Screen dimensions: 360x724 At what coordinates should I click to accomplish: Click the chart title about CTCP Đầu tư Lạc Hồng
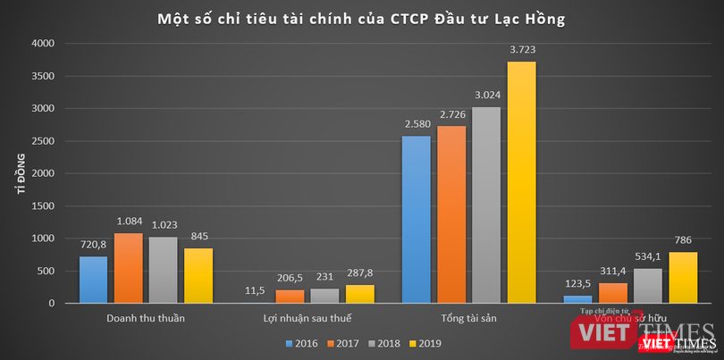[363, 18]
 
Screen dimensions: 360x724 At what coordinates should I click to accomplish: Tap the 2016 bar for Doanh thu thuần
[93, 280]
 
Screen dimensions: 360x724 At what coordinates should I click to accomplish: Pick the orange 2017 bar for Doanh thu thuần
[128, 268]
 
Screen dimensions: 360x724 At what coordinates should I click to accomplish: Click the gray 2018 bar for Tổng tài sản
[486, 205]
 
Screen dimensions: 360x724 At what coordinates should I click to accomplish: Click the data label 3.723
[521, 49]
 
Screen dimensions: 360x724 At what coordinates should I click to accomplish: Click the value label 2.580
[417, 124]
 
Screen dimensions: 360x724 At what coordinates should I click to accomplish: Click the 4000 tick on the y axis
[43, 43]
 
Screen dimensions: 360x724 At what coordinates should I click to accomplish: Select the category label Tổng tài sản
[468, 319]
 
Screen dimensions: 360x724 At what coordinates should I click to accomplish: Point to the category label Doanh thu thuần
[146, 319]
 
